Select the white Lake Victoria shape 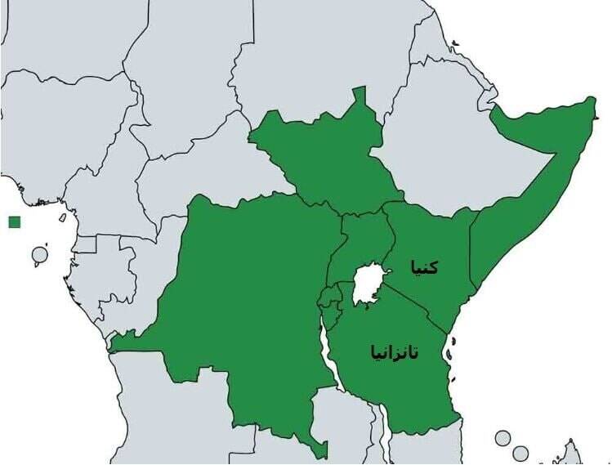pyautogui.click(x=368, y=285)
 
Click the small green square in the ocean pyautogui.click(x=13, y=221)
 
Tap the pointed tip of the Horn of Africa pyautogui.click(x=593, y=101)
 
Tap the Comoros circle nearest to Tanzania pyautogui.click(x=503, y=438)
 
